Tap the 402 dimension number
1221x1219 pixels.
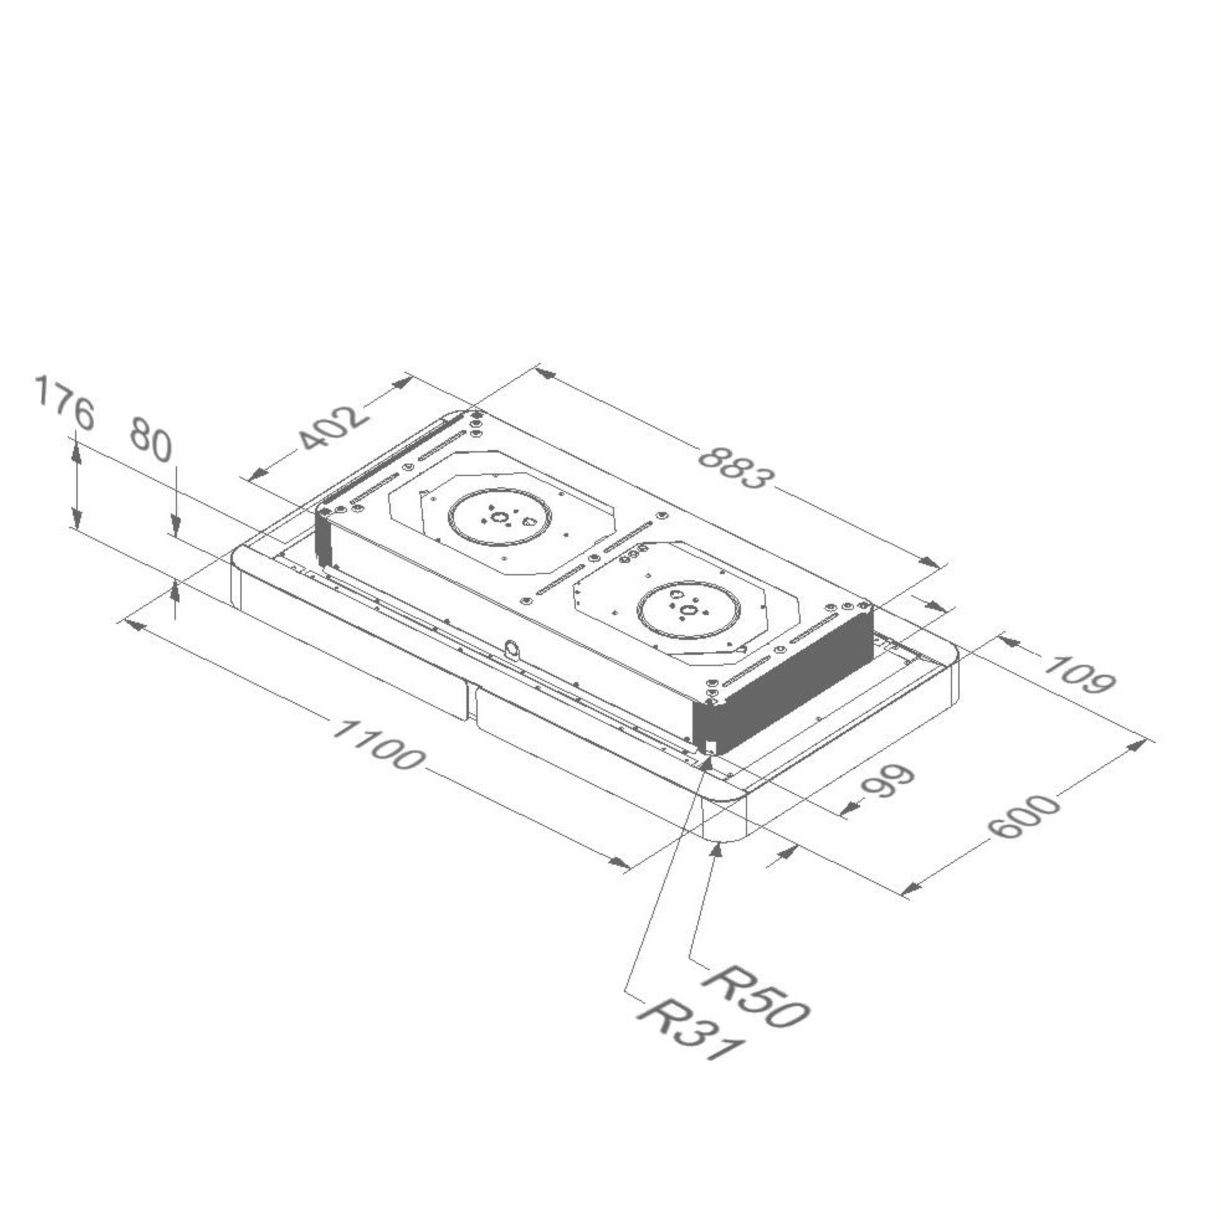point(332,428)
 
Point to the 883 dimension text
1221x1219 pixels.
point(735,468)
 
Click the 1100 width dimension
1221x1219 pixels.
point(376,746)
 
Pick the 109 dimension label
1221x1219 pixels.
point(1079,675)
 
